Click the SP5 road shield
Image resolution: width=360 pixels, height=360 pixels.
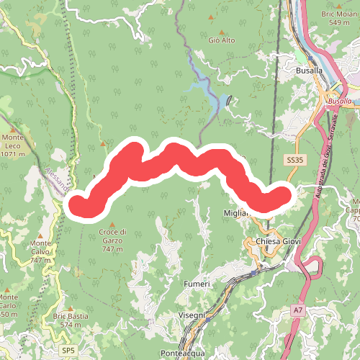pyautogui.click(x=68, y=350)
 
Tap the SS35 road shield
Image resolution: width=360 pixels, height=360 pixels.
pyautogui.click(x=292, y=160)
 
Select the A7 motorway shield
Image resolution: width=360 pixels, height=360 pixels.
pyautogui.click(x=297, y=310)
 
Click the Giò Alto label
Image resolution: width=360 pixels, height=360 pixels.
pyautogui.click(x=222, y=40)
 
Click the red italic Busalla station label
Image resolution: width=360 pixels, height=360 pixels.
pyautogui.click(x=339, y=102)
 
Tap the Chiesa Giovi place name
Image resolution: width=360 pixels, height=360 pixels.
pyautogui.click(x=276, y=241)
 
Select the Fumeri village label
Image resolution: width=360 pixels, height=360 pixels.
pyautogui.click(x=197, y=284)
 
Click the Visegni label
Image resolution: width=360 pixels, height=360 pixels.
pyautogui.click(x=192, y=315)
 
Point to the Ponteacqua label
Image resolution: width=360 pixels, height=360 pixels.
pyautogui.click(x=183, y=354)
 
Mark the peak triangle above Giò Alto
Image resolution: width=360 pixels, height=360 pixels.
pyautogui.click(x=222, y=31)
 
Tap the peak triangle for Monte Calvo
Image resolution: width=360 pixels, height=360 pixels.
pyautogui.click(x=41, y=235)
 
